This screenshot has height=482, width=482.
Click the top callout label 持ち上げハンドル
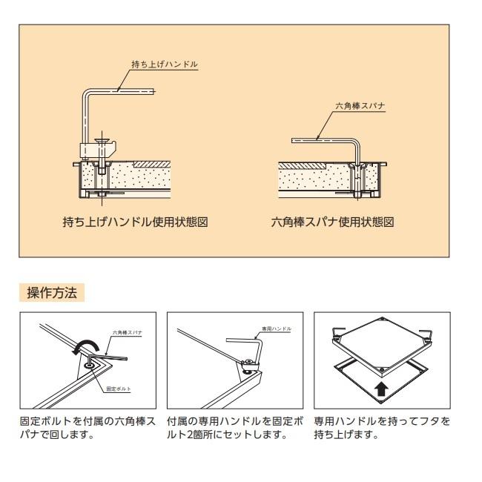[x=174, y=65]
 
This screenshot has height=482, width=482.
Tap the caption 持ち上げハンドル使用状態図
[x=139, y=222]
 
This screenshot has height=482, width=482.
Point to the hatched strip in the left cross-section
[x=148, y=162]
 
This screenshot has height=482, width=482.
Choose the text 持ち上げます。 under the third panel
[x=345, y=435]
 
